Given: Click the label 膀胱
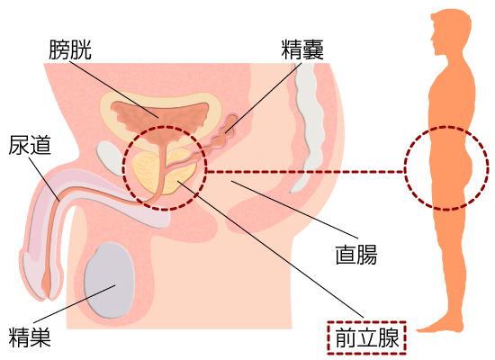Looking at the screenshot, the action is click(x=70, y=49).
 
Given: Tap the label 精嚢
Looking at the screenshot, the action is click(x=302, y=49).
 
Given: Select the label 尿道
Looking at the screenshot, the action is click(x=30, y=145).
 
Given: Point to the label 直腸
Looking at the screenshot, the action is click(x=356, y=255).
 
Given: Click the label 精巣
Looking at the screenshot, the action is click(x=30, y=337).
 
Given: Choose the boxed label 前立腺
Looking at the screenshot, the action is click(x=367, y=337).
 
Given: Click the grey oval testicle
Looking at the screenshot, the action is click(x=109, y=281).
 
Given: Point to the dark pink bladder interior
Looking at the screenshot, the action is click(x=159, y=119).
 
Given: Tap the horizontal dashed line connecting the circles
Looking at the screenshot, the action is click(x=305, y=172).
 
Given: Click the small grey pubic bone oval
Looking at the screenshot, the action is click(x=110, y=157).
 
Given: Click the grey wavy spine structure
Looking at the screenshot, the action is click(x=308, y=126).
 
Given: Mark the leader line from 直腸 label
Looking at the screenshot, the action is click(x=295, y=209).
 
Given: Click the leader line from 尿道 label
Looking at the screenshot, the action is click(x=44, y=179).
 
